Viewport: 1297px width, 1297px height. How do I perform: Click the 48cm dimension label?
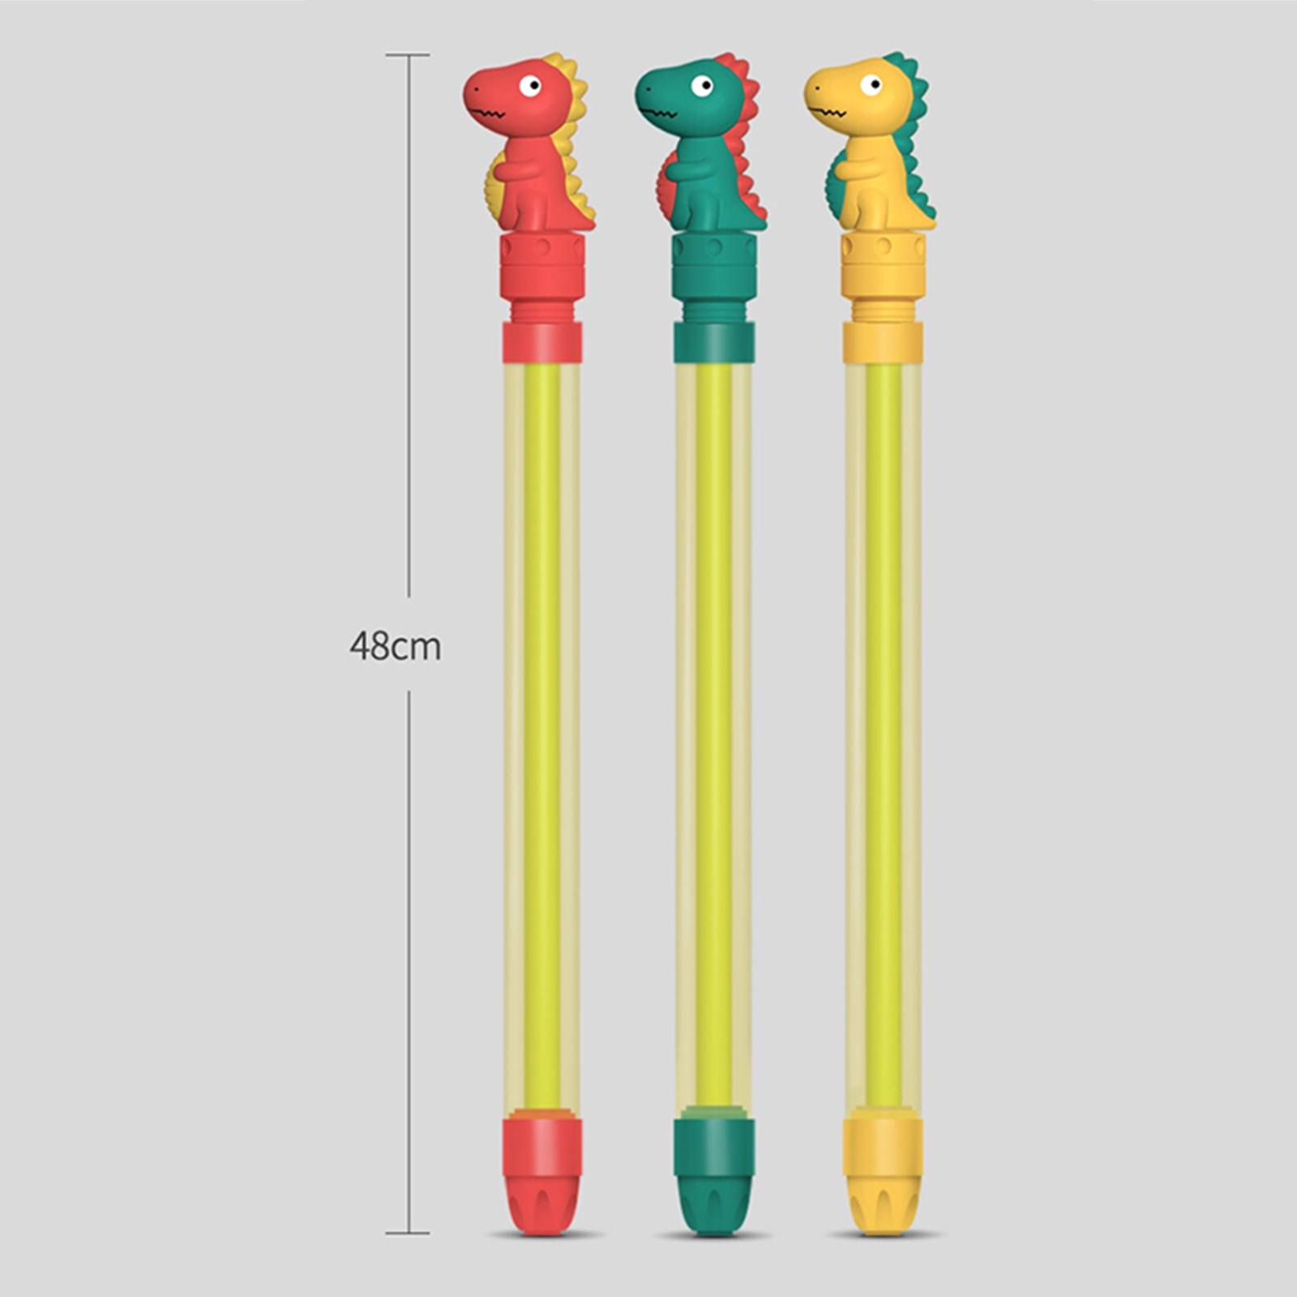click(x=396, y=646)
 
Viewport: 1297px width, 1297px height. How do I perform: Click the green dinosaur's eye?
click(x=702, y=86)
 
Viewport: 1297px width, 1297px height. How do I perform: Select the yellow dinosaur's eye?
click(x=871, y=85)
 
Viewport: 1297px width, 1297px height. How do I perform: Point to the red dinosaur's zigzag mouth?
click(x=489, y=111)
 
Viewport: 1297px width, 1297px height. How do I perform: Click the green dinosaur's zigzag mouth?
click(x=660, y=111)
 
